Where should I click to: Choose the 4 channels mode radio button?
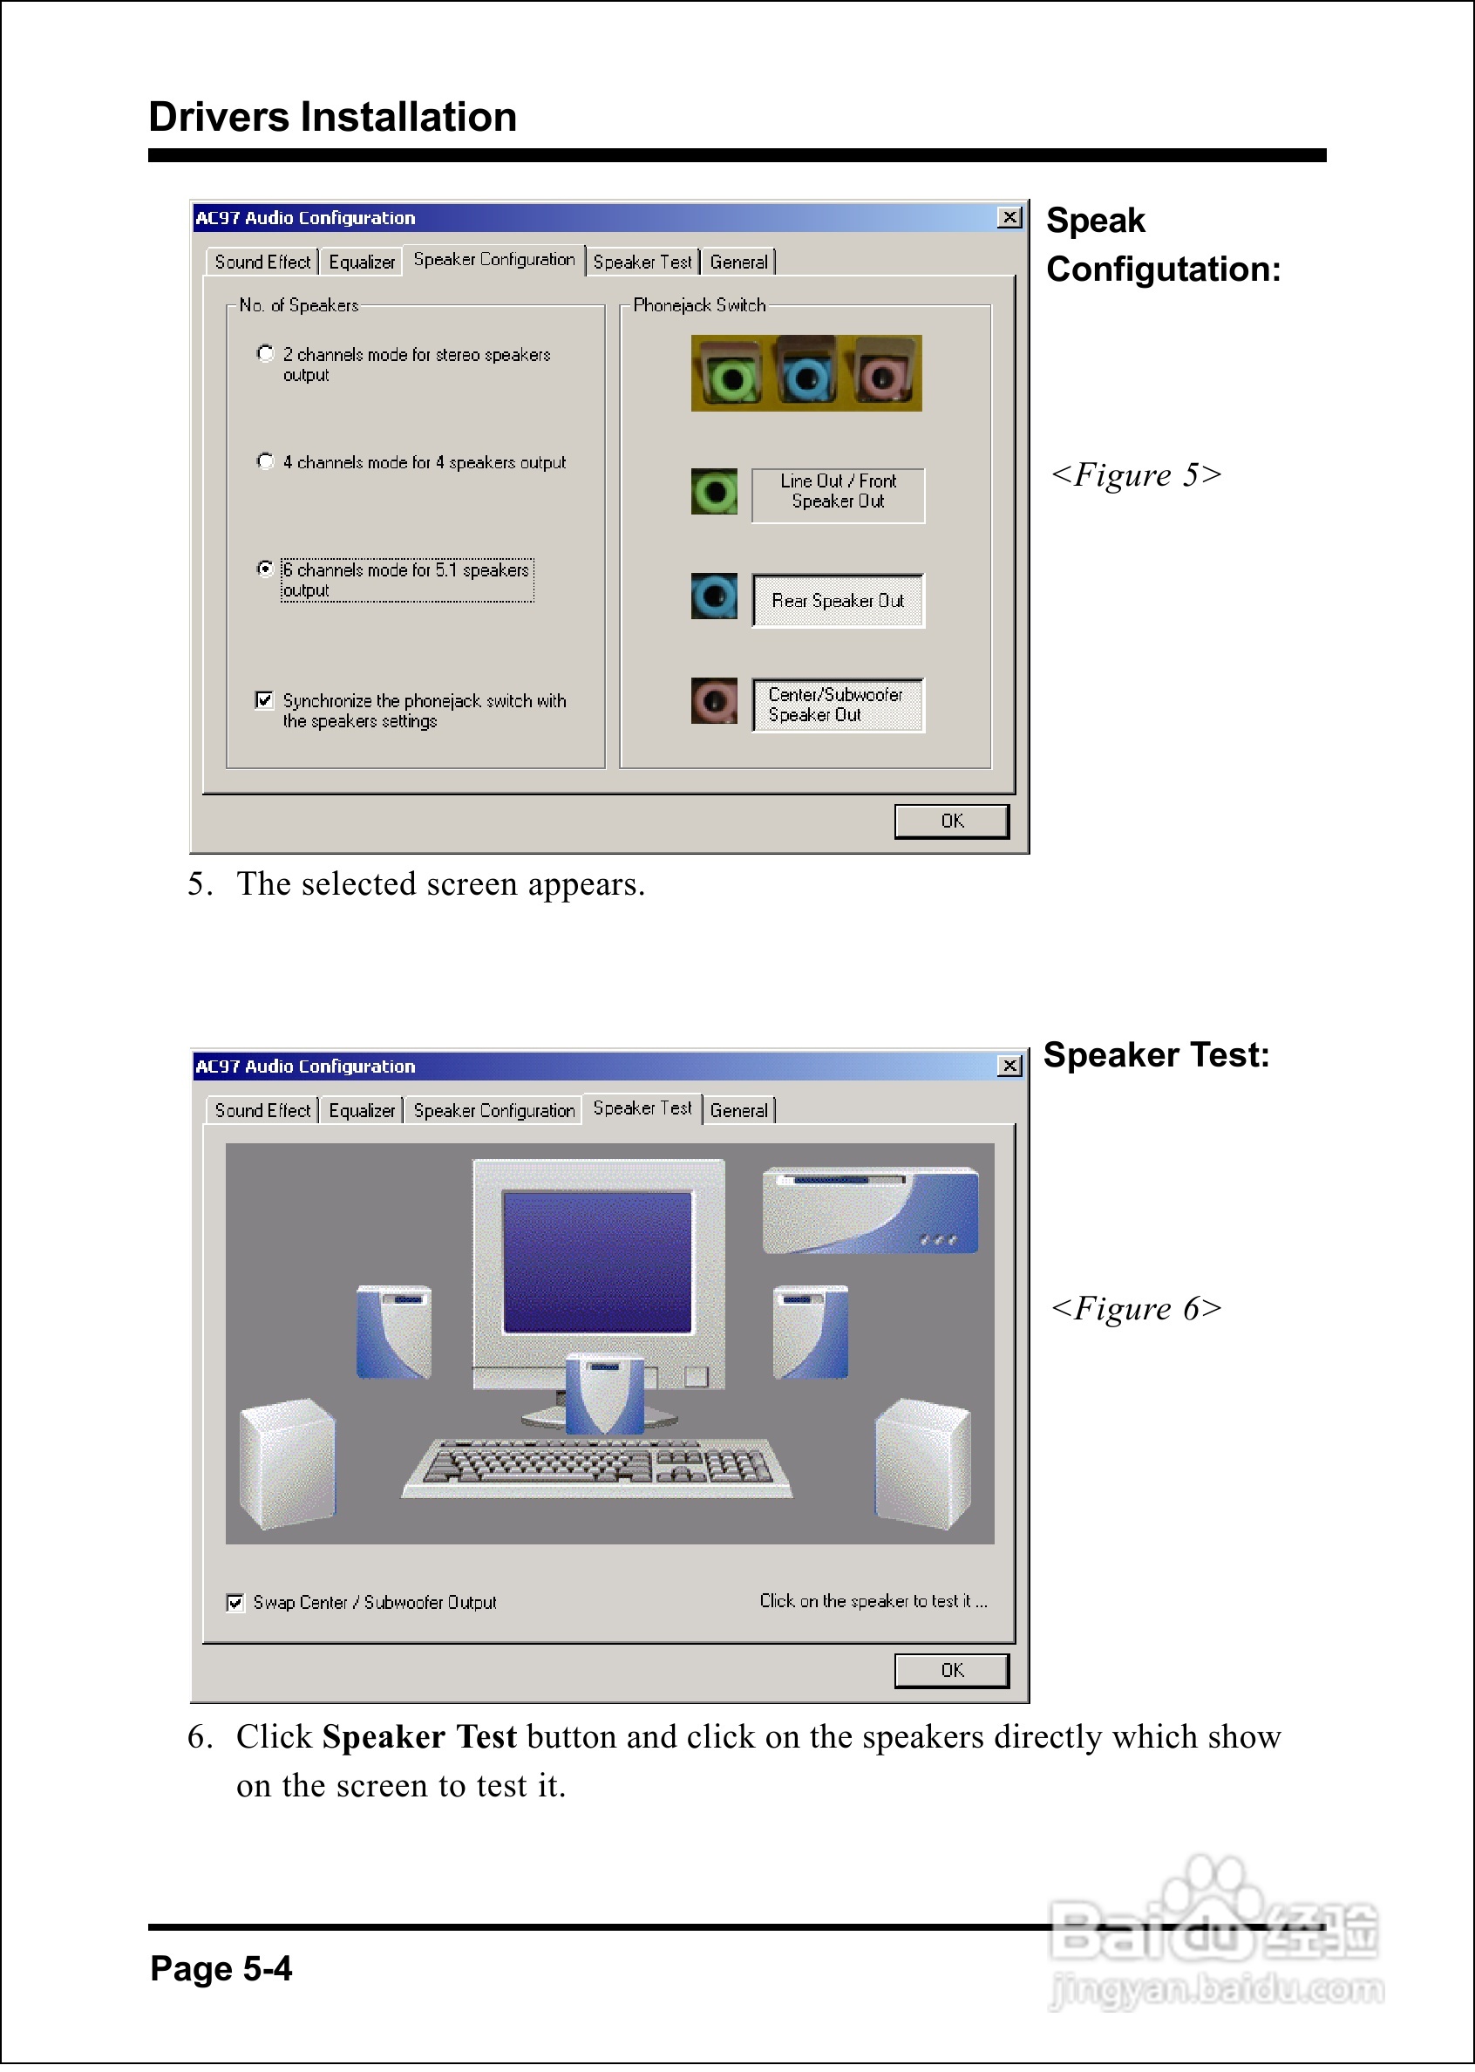(265, 460)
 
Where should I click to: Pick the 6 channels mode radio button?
(265, 569)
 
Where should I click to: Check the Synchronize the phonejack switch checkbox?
(264, 699)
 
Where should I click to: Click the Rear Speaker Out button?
(838, 601)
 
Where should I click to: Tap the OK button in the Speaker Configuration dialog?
(951, 821)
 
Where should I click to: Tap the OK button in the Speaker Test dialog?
(951, 1671)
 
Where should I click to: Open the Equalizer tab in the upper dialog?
(362, 262)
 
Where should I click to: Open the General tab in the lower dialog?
(738, 1111)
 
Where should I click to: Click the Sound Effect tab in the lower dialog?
(262, 1111)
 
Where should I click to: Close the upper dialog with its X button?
(1009, 218)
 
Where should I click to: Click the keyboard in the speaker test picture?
(598, 1465)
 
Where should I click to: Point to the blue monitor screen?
(598, 1262)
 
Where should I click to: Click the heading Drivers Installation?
(332, 117)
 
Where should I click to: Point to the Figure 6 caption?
(1135, 1309)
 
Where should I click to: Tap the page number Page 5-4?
(221, 1968)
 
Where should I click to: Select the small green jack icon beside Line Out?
(714, 493)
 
